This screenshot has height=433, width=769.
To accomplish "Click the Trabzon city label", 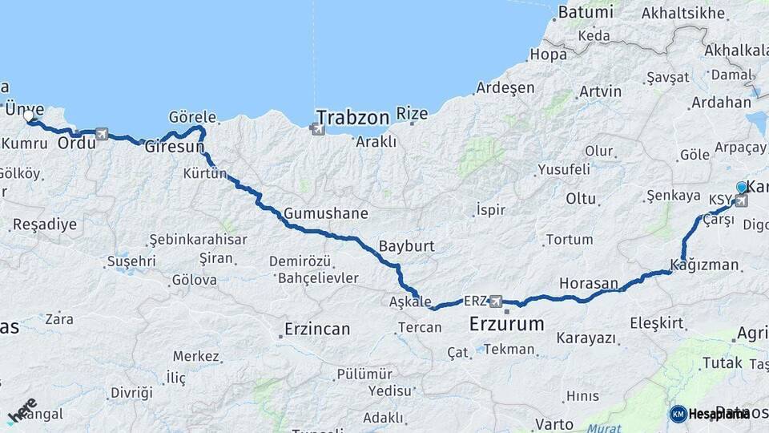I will point(352,116).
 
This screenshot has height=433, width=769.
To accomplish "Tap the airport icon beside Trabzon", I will point(318,127).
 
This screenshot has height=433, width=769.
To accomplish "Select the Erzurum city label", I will point(506,325).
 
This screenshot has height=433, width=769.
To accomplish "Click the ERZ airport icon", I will point(497,301).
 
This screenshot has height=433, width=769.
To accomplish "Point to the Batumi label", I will point(585,12).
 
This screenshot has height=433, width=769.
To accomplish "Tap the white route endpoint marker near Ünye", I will point(29,117).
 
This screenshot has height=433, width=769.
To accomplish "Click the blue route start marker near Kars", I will point(742,188).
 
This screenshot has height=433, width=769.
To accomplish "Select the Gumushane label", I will point(325,213).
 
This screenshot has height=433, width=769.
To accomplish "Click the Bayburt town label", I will point(407,245).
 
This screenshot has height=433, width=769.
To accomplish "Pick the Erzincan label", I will point(318,329).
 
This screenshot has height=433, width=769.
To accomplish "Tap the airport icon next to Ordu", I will point(102,134).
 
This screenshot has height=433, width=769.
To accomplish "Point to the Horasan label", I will point(589,283).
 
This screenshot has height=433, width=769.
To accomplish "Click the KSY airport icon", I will point(741,200).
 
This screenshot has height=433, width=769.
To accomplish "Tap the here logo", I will point(22,409).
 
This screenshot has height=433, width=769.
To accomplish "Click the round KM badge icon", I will point(678,414).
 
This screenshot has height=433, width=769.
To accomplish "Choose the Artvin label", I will point(600,91).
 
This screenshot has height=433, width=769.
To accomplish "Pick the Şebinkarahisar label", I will point(198,240).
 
